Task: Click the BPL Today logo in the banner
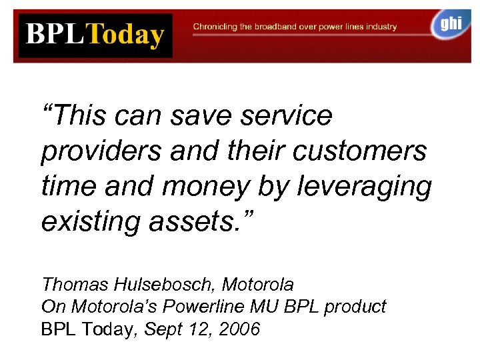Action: [x=95, y=35]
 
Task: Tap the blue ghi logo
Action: [x=450, y=25]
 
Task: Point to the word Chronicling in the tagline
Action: [x=215, y=27]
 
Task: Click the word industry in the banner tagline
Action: [x=381, y=27]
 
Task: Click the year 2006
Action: [x=241, y=329]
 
